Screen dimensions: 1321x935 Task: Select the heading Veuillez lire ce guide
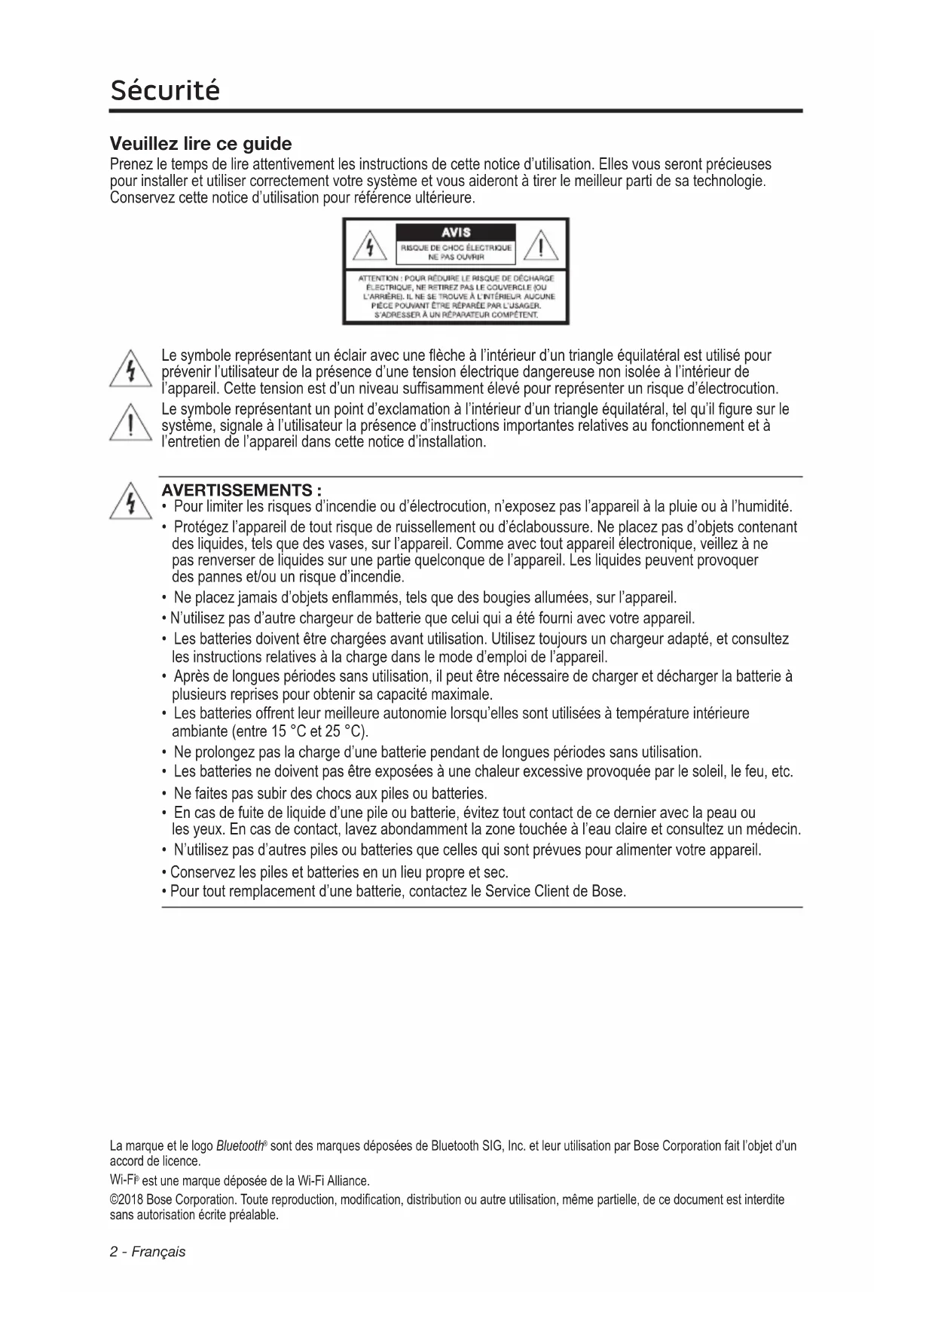click(x=200, y=144)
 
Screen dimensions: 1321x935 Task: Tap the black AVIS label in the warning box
click(x=456, y=232)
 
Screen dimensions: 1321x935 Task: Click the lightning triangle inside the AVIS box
click(x=370, y=246)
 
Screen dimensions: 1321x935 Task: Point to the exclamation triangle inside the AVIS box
click(x=541, y=246)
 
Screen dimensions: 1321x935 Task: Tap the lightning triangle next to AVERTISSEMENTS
click(x=131, y=502)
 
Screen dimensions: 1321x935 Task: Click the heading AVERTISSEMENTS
click(x=243, y=490)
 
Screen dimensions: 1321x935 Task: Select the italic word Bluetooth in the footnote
click(x=240, y=1146)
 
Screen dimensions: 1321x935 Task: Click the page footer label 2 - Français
click(x=148, y=1252)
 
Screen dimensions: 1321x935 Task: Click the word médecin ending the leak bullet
click(x=773, y=830)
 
